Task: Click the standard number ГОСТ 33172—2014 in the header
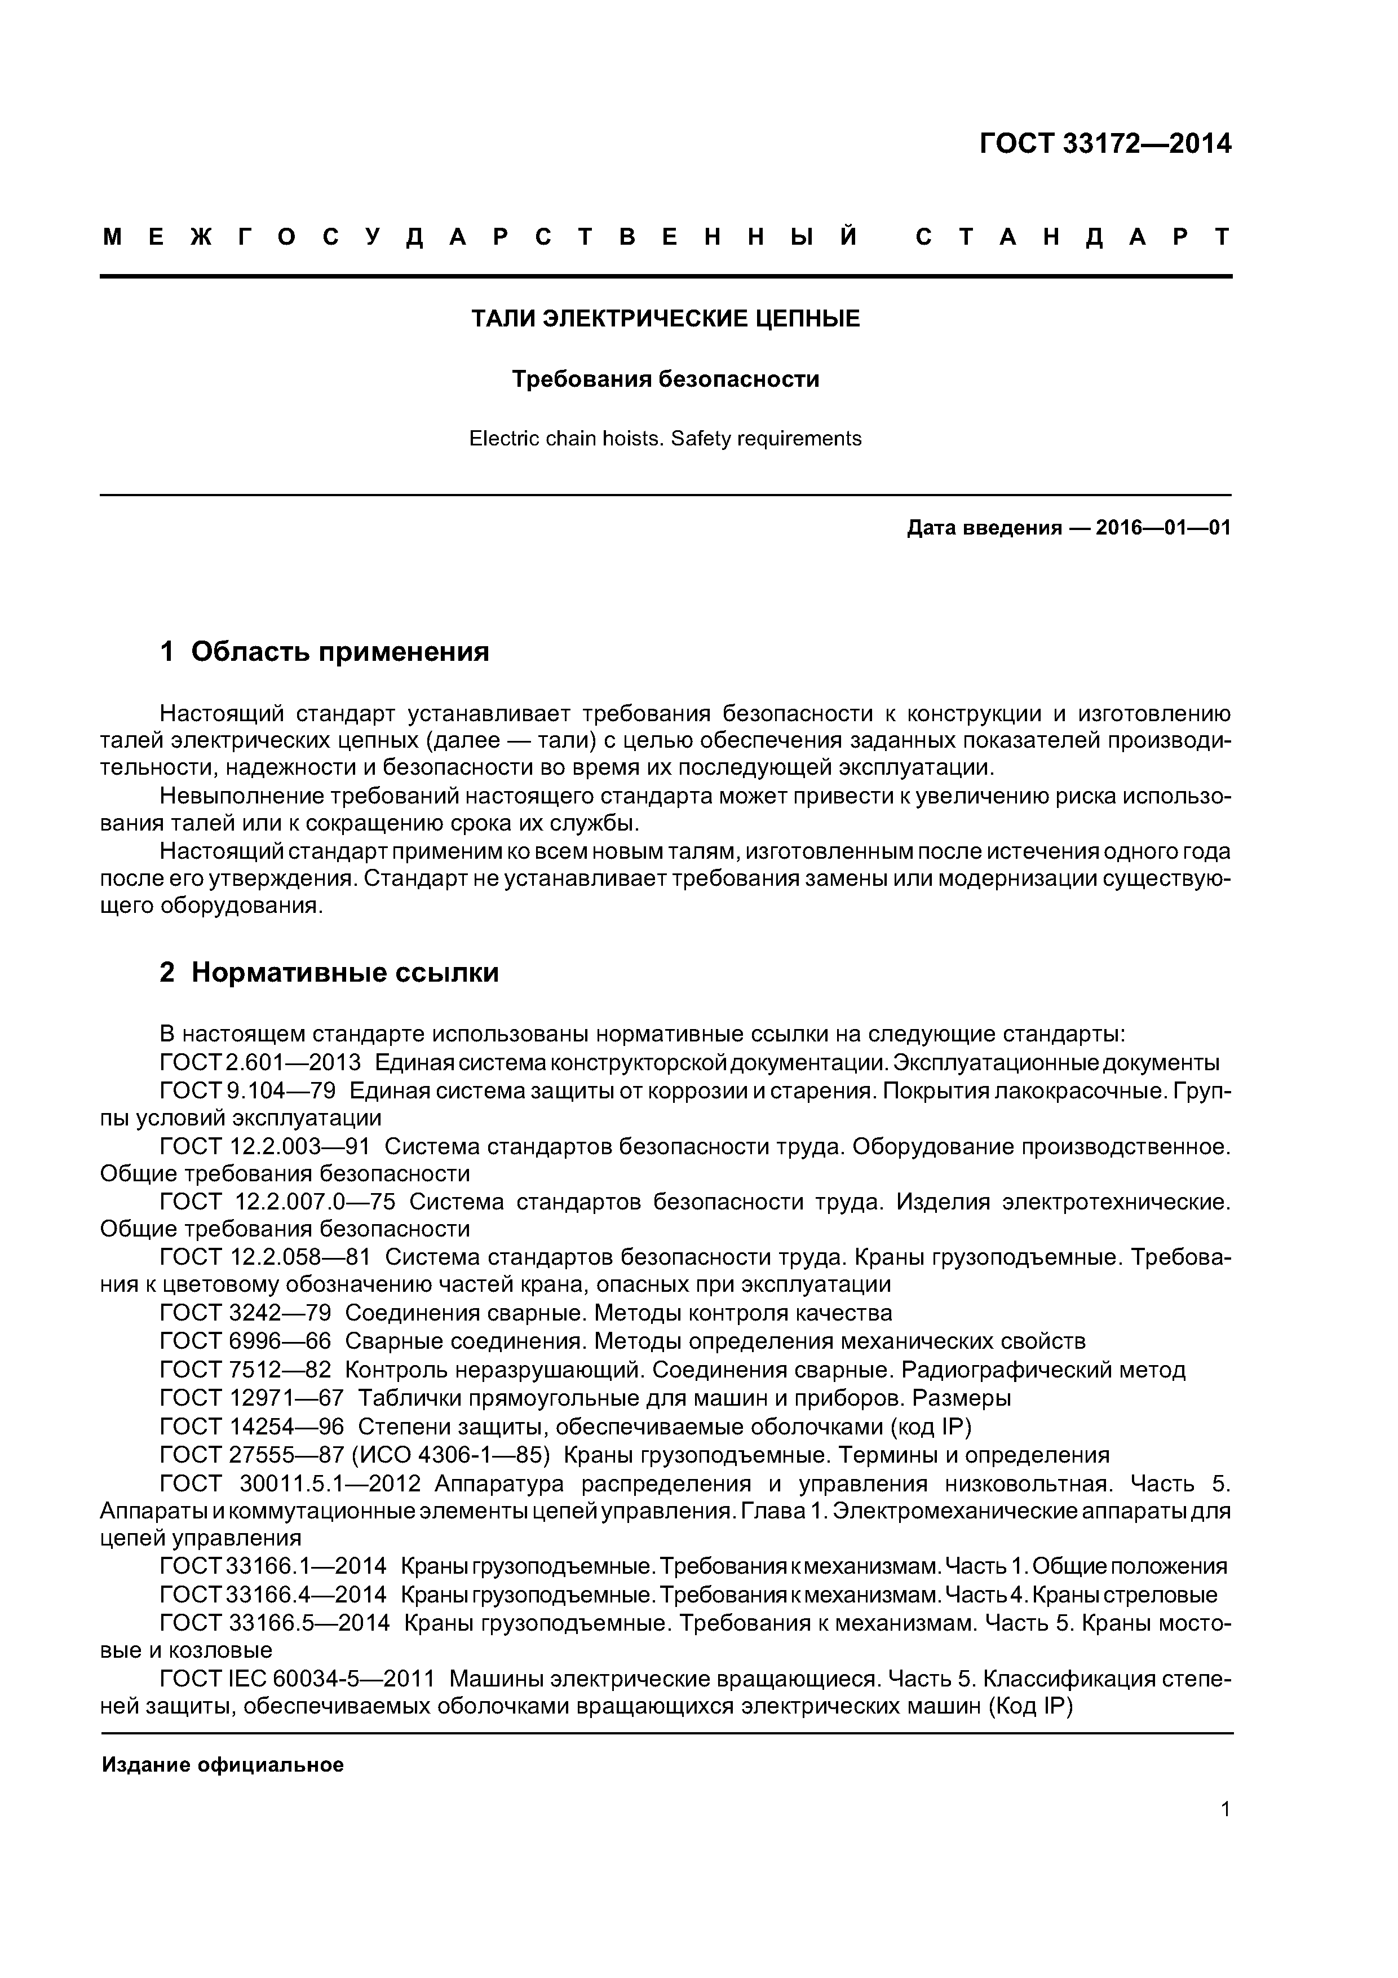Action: [x=1105, y=144]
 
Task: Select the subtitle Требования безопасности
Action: [x=665, y=379]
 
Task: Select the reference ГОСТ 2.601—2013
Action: [x=260, y=1062]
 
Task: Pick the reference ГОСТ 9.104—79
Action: [x=247, y=1090]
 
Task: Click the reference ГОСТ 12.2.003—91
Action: [x=266, y=1147]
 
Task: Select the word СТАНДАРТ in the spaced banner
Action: [x=1072, y=237]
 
